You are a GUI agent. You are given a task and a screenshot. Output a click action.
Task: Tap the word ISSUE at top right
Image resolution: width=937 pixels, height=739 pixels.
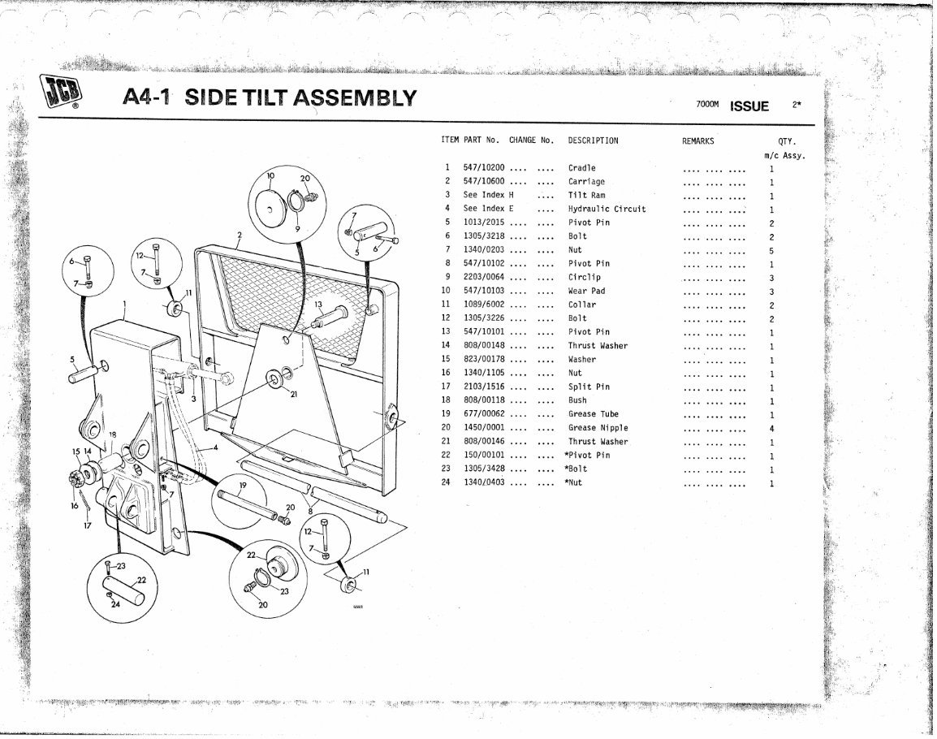pyautogui.click(x=749, y=106)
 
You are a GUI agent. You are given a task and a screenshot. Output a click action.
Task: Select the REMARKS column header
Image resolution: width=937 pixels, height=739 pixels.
pyautogui.click(x=697, y=140)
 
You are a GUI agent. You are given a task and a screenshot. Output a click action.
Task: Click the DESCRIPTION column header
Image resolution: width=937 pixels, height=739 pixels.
pyautogui.click(x=593, y=140)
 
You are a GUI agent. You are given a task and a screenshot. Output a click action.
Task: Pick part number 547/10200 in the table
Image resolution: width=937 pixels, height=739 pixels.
pyautogui.click(x=484, y=168)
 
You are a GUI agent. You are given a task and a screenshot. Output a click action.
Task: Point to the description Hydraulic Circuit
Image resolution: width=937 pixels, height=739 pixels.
pyautogui.click(x=607, y=209)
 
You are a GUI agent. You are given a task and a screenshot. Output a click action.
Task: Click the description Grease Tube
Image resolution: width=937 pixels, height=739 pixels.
pyautogui.click(x=593, y=414)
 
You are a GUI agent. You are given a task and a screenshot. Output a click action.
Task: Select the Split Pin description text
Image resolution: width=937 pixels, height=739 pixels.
pyautogui.click(x=589, y=387)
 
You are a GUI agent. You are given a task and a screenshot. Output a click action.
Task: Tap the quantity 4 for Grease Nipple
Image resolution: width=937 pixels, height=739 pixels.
pyautogui.click(x=771, y=428)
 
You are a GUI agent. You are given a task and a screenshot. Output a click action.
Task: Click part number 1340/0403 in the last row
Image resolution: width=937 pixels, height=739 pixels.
pyautogui.click(x=484, y=482)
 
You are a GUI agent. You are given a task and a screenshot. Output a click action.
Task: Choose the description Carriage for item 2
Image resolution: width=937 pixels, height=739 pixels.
pyautogui.click(x=586, y=182)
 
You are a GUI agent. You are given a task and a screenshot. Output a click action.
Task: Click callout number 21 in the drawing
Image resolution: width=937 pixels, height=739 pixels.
pyautogui.click(x=293, y=394)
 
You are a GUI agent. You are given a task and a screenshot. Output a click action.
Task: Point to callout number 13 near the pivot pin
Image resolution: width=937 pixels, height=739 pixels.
pyautogui.click(x=319, y=305)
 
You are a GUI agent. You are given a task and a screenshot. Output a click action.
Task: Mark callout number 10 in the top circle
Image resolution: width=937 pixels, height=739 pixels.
pyautogui.click(x=271, y=175)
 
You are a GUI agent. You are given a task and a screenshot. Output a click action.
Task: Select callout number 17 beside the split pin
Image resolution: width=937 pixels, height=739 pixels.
pyautogui.click(x=87, y=525)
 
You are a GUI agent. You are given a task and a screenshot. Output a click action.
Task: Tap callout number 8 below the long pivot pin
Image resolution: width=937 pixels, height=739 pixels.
pyautogui.click(x=309, y=511)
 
